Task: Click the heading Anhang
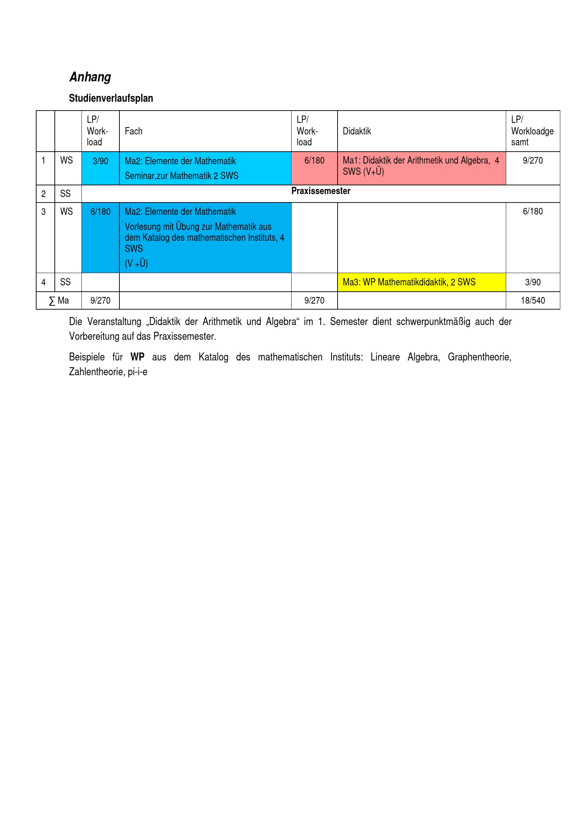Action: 90,77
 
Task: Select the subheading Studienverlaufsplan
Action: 111,98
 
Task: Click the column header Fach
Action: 133,131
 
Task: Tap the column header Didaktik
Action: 357,131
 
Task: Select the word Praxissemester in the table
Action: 321,191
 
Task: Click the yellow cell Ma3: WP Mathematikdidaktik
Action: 409,282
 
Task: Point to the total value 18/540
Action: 533,301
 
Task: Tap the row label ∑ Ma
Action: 59,301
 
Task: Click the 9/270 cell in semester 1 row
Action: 533,160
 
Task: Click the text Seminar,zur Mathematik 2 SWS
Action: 181,176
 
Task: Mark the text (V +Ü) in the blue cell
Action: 136,264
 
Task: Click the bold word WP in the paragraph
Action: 137,357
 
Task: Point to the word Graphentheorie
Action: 479,357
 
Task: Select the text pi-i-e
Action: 137,372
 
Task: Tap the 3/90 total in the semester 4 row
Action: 533,282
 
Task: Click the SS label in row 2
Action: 65,194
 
